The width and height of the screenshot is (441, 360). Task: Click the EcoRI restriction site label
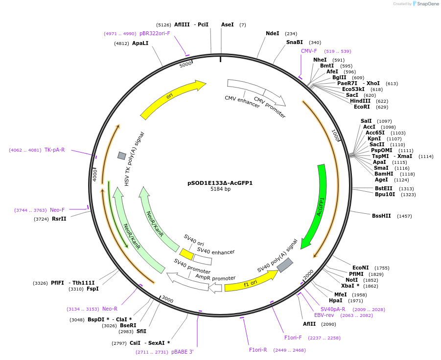(362, 107)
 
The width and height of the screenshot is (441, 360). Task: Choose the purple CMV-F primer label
(309, 51)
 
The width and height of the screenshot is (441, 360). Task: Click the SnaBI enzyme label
(295, 42)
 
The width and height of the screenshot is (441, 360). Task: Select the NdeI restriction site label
(272, 33)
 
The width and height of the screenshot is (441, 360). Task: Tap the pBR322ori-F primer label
(155, 33)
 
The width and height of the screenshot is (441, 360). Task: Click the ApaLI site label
(140, 43)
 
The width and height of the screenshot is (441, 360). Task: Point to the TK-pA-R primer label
(54, 150)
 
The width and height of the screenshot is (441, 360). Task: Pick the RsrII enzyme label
(59, 219)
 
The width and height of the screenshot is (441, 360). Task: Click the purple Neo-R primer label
(110, 309)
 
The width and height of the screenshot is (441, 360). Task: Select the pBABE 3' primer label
(183, 352)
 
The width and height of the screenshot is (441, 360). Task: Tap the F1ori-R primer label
(258, 350)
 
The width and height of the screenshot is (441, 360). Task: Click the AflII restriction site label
(309, 324)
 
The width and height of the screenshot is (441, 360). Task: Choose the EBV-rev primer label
(324, 315)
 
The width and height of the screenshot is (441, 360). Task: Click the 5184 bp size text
(220, 189)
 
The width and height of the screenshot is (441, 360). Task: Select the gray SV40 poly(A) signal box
(284, 265)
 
